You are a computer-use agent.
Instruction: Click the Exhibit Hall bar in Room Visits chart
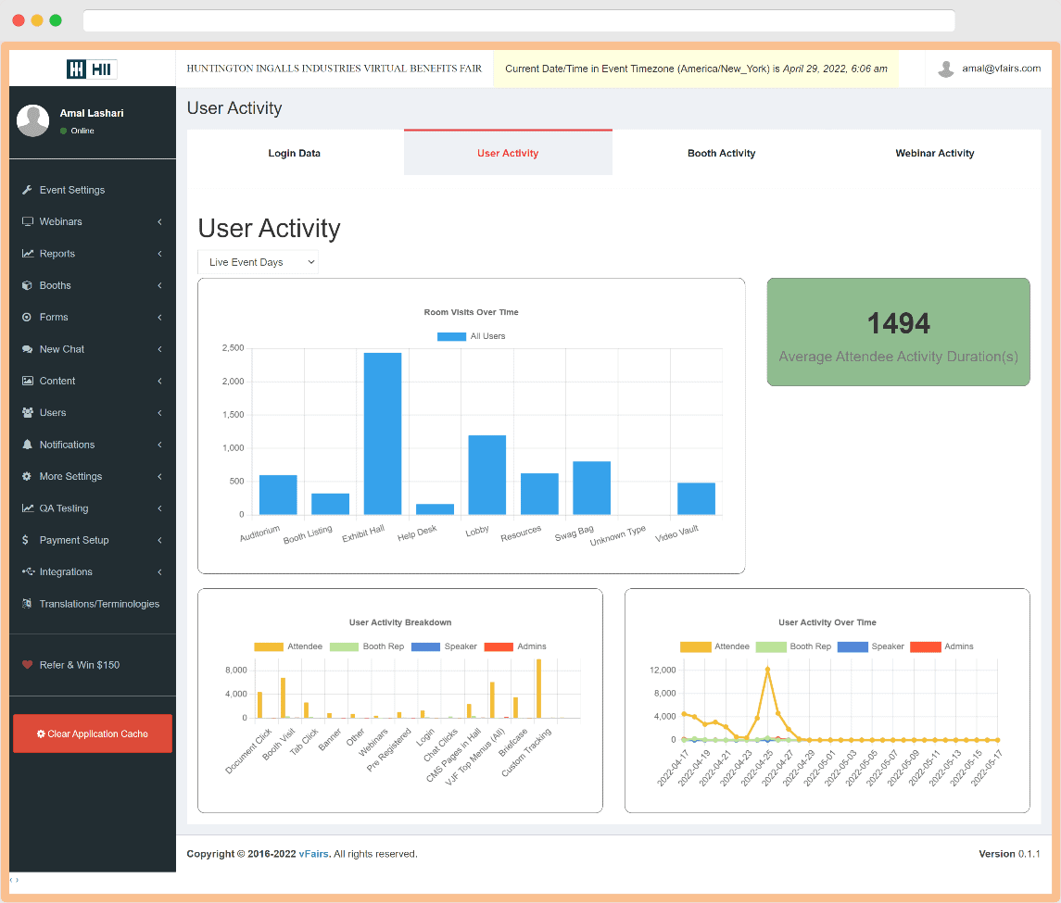(x=383, y=433)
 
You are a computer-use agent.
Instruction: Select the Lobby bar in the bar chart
(x=487, y=474)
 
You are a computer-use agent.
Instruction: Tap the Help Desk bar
(x=435, y=508)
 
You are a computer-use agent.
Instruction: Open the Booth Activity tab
(x=721, y=153)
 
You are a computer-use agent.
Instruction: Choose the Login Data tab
(x=295, y=153)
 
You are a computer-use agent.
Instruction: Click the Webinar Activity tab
(x=934, y=153)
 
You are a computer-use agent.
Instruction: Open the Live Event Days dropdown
(x=258, y=262)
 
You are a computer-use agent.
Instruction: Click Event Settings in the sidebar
(x=72, y=190)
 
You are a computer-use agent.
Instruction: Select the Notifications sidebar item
(x=67, y=445)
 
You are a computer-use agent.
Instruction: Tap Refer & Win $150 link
(x=79, y=665)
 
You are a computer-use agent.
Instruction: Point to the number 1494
(x=898, y=323)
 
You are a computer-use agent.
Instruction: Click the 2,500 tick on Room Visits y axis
(x=233, y=348)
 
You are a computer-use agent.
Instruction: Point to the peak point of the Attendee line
(x=767, y=669)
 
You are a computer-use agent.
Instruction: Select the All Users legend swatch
(x=451, y=336)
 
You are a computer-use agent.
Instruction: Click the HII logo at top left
(x=92, y=69)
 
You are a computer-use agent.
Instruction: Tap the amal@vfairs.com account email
(x=1001, y=69)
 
